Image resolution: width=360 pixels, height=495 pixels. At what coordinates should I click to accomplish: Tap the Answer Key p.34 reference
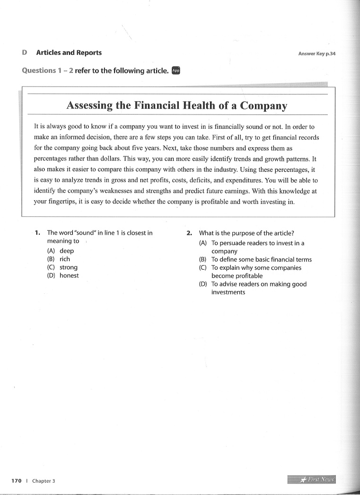(316, 53)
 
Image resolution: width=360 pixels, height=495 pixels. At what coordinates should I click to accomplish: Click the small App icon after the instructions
(176, 71)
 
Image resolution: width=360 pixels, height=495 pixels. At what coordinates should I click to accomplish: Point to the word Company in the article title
(263, 105)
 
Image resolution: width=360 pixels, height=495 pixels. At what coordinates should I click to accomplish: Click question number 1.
(37, 233)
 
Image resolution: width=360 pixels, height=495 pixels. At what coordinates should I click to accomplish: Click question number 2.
(189, 233)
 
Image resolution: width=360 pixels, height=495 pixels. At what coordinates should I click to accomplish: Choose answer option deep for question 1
(66, 251)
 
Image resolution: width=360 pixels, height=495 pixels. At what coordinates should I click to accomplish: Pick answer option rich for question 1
(64, 259)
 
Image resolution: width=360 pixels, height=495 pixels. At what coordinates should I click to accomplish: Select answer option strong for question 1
(68, 267)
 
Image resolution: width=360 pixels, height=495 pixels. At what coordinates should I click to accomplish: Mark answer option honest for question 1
(69, 275)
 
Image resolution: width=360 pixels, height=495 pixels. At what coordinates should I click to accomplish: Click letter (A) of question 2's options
(203, 243)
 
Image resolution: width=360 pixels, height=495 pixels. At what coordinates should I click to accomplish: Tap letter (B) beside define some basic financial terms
(203, 259)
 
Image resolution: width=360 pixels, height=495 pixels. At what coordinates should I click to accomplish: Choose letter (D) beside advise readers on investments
(203, 284)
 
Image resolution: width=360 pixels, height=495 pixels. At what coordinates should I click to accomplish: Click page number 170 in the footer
(17, 481)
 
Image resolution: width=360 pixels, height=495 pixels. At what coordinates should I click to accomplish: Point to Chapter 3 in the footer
(44, 481)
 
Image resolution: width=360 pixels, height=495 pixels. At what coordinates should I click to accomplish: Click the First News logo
(315, 479)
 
